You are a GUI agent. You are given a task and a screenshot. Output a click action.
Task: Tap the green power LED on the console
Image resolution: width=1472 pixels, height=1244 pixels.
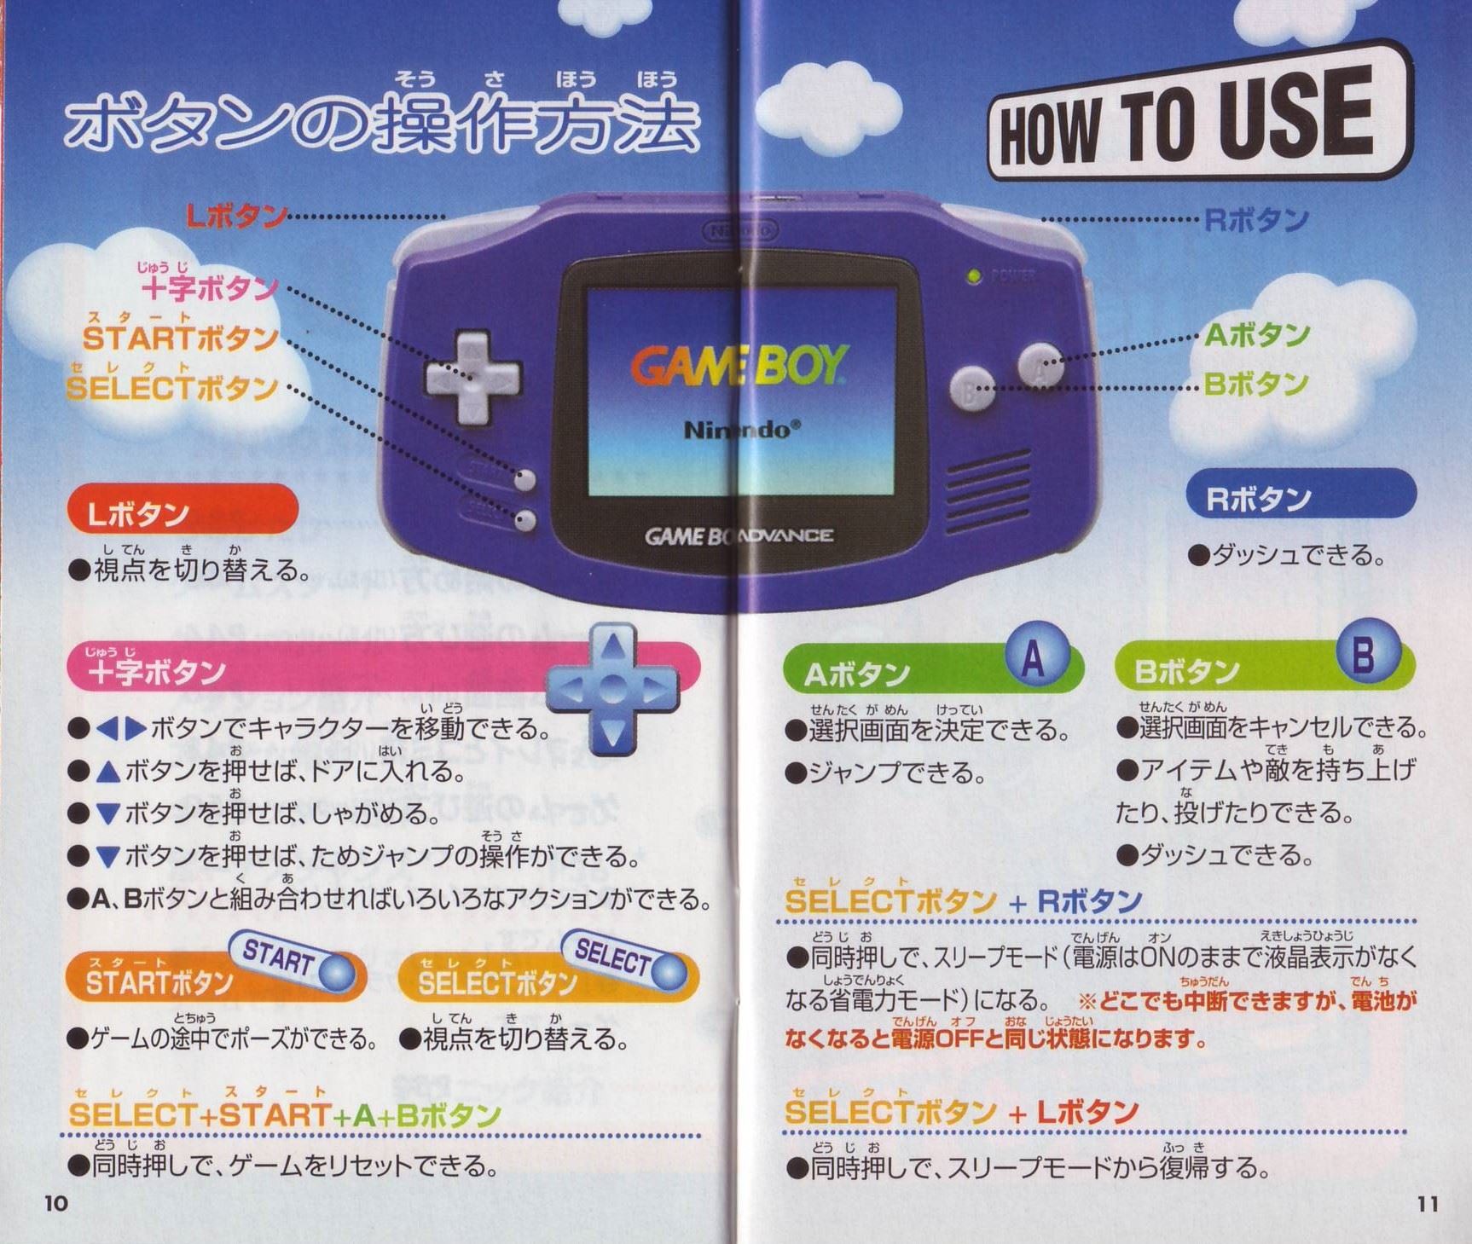(x=971, y=276)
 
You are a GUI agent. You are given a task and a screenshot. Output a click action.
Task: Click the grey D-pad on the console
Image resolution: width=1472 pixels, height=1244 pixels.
(x=472, y=377)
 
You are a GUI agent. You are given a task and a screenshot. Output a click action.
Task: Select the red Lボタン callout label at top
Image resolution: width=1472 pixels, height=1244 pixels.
(x=236, y=217)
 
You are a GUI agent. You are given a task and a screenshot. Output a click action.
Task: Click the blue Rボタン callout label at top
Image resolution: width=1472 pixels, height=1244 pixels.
(x=1255, y=220)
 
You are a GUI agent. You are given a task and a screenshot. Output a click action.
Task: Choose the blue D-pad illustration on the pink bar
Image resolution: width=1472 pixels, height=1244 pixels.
(x=611, y=689)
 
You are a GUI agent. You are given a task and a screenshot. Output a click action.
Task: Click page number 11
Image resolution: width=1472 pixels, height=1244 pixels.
(x=1428, y=1203)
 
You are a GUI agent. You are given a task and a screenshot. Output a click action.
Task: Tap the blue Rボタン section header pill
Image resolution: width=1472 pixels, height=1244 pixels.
(x=1301, y=495)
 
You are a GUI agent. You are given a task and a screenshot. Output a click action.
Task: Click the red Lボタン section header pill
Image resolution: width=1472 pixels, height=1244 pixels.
(x=183, y=510)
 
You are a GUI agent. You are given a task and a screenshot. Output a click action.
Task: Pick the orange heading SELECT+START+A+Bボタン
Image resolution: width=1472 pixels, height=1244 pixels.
(x=285, y=1114)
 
